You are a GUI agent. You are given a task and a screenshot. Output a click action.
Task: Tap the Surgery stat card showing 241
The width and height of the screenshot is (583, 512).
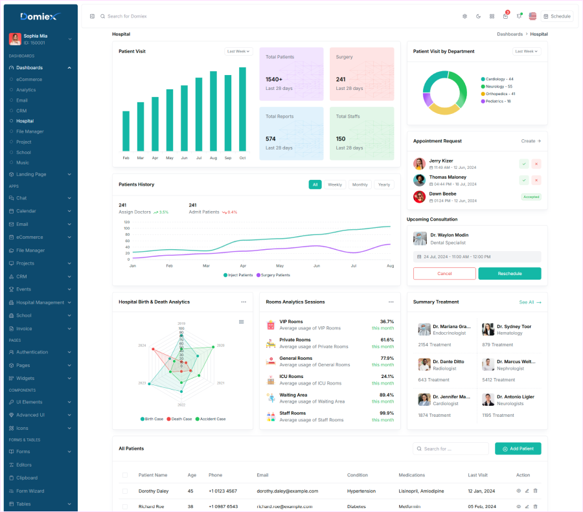361,73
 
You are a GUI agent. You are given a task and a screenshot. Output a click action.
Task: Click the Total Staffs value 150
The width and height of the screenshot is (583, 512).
341,139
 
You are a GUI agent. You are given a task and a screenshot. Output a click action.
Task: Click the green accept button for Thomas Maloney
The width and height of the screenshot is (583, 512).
524,180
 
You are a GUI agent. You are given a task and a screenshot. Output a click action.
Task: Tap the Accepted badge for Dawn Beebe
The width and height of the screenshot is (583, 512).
531,197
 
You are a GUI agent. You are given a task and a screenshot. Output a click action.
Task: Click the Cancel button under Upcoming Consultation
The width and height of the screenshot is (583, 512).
444,273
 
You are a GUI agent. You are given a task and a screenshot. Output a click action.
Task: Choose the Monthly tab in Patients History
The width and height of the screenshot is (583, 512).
360,184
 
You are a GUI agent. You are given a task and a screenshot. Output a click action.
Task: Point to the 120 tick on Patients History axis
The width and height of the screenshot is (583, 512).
126,222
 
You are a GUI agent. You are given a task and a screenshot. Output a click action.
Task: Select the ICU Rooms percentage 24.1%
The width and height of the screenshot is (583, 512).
387,376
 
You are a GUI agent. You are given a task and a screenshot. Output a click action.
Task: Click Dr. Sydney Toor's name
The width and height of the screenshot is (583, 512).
514,326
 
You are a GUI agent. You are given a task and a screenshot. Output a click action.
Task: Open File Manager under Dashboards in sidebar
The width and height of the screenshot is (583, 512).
30,131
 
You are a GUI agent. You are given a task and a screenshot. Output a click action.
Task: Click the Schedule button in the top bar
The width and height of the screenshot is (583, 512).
557,16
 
